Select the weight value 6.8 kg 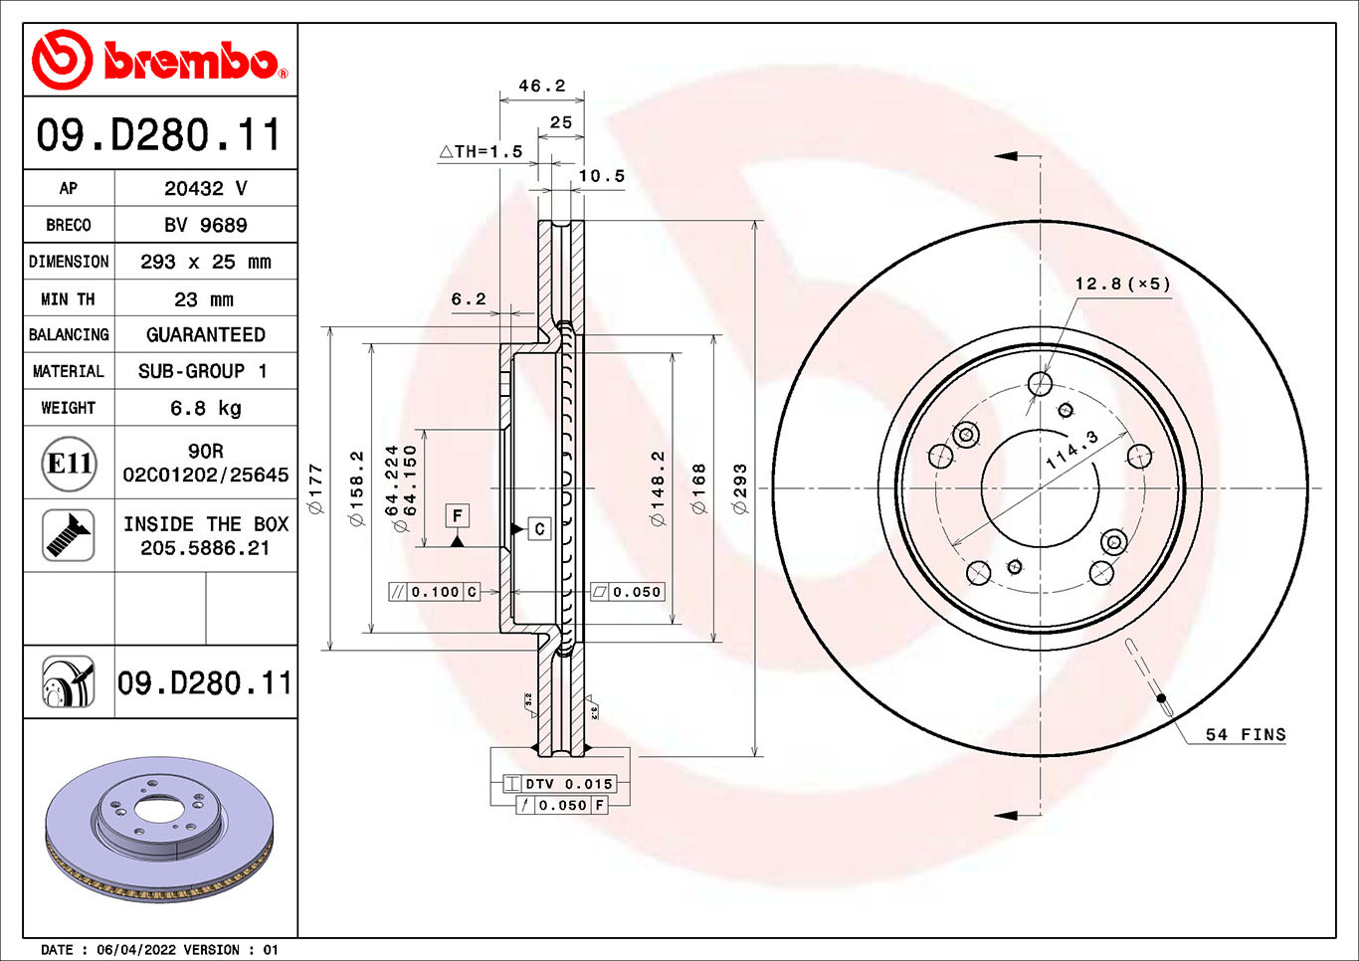205,408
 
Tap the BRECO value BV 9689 205,225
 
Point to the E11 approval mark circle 70,464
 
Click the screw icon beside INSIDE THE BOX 69,535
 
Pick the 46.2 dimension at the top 541,86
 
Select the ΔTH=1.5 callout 481,151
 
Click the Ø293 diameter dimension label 739,487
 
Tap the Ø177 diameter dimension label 316,487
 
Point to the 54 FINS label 1245,734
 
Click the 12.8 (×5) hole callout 1122,284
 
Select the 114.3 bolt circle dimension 1071,450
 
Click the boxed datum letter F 457,515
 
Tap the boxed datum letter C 539,528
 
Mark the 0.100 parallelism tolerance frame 435,592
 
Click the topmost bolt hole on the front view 1040,383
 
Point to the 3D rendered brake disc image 159,828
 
